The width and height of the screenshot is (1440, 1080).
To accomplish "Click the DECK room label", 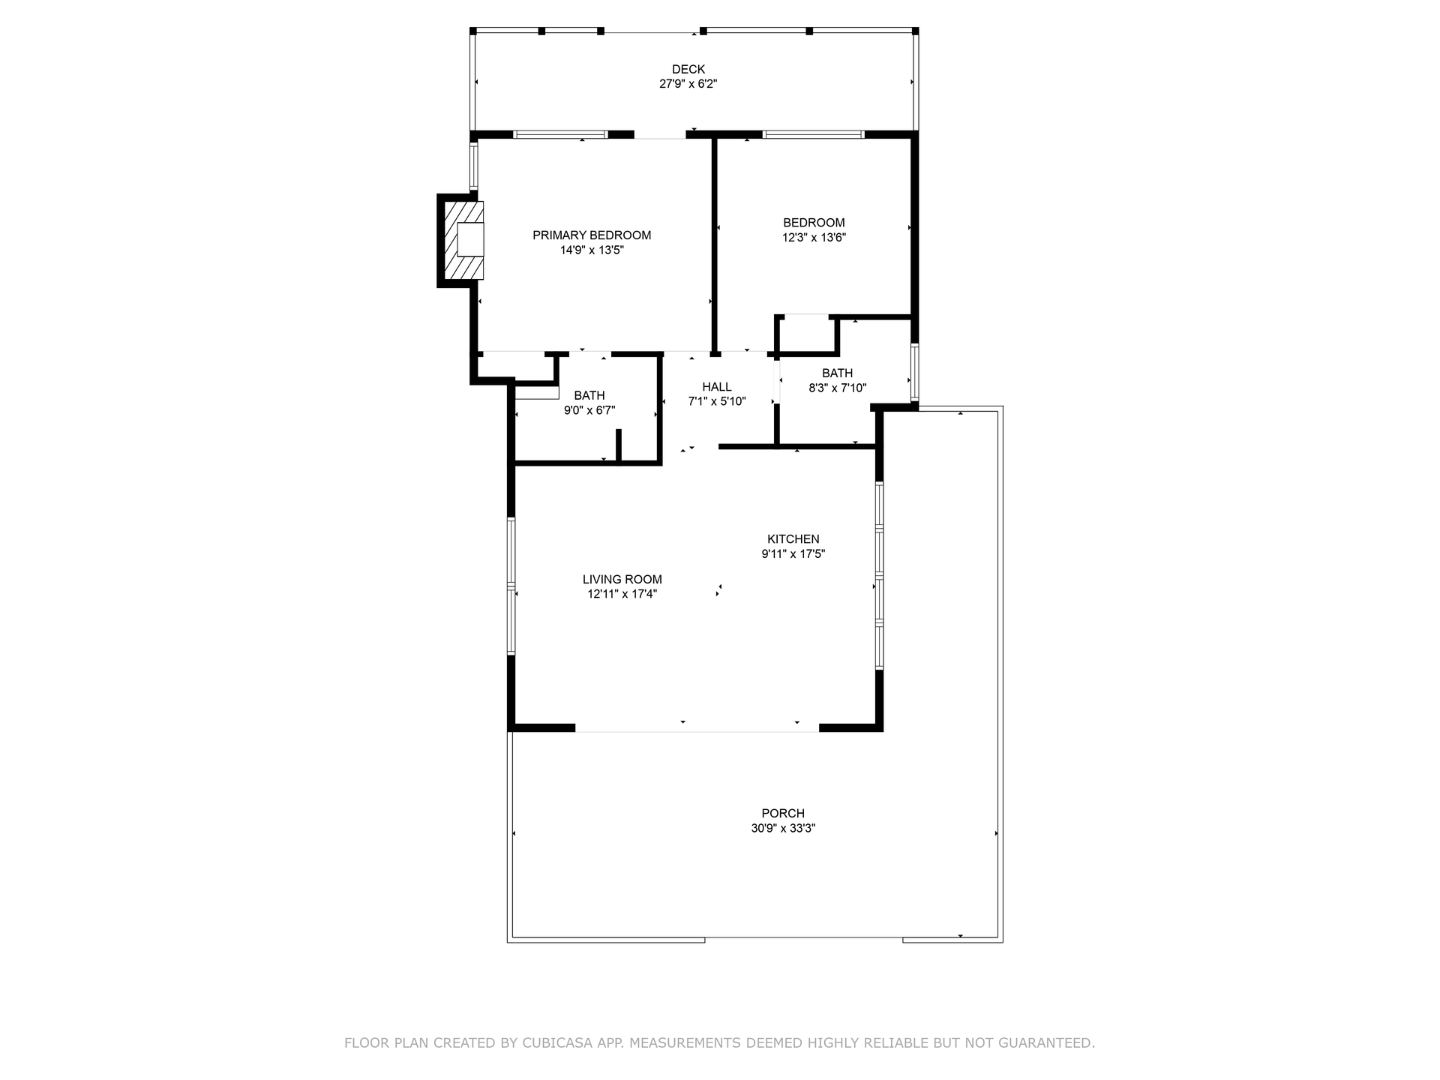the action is tap(688, 70).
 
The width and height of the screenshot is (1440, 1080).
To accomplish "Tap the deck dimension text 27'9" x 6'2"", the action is tap(688, 85).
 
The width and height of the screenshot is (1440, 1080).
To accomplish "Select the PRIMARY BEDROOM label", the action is tap(592, 235).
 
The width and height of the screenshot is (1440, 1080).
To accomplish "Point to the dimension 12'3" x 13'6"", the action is tap(814, 238).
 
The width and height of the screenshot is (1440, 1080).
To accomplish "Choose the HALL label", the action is tap(717, 387).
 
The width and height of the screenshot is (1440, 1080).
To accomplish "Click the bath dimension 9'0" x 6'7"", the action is tap(589, 410).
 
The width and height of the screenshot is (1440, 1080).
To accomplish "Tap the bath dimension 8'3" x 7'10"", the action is tap(837, 388).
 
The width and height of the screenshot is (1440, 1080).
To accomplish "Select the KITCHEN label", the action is tap(793, 539).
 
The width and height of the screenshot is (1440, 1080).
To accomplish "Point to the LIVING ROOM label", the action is tap(622, 580).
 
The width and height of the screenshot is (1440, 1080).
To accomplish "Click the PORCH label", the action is tap(783, 814).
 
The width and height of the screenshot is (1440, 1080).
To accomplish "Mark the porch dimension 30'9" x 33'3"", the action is tap(783, 829).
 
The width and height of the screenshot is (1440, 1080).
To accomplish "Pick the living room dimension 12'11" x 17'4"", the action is tap(622, 595).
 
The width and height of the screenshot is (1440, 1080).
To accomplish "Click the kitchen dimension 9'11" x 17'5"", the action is tap(793, 554).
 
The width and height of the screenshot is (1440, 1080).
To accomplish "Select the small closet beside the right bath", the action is tap(807, 334).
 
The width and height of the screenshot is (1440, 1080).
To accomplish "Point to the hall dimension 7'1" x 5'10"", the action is tap(717, 402).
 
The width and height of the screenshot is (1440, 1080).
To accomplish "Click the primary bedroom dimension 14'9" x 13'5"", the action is tap(592, 250).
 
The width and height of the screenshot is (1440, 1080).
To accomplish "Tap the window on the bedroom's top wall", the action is tap(813, 135).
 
